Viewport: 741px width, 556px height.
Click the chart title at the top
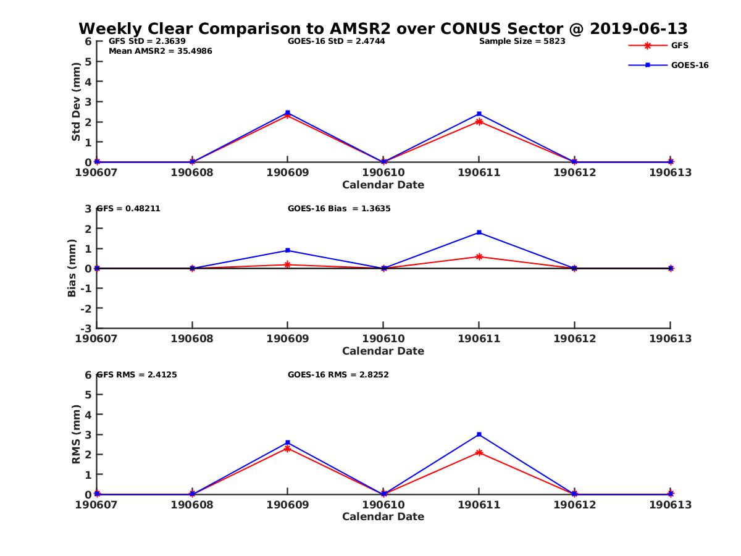(383, 28)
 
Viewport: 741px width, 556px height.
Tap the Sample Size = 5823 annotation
(522, 41)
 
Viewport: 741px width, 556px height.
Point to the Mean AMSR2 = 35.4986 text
(160, 51)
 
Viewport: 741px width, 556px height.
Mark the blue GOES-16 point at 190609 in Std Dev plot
(288, 112)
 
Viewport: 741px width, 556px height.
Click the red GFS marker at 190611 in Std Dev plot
(479, 122)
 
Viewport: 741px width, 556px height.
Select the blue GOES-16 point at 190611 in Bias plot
(479, 232)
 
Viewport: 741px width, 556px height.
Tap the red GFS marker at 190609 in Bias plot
(288, 264)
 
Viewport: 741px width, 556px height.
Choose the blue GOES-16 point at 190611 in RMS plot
(479, 434)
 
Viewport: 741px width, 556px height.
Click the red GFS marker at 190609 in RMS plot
(288, 448)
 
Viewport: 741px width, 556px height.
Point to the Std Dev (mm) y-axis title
(76, 101)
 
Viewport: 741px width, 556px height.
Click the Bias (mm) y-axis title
(72, 268)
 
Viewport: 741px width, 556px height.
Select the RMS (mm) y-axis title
(76, 434)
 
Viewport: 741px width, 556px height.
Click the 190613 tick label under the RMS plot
(670, 505)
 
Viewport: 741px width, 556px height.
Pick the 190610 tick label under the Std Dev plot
(383, 172)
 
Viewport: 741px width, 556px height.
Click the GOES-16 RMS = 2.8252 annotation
(338, 374)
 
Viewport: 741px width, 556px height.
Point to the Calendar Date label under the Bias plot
(383, 351)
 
